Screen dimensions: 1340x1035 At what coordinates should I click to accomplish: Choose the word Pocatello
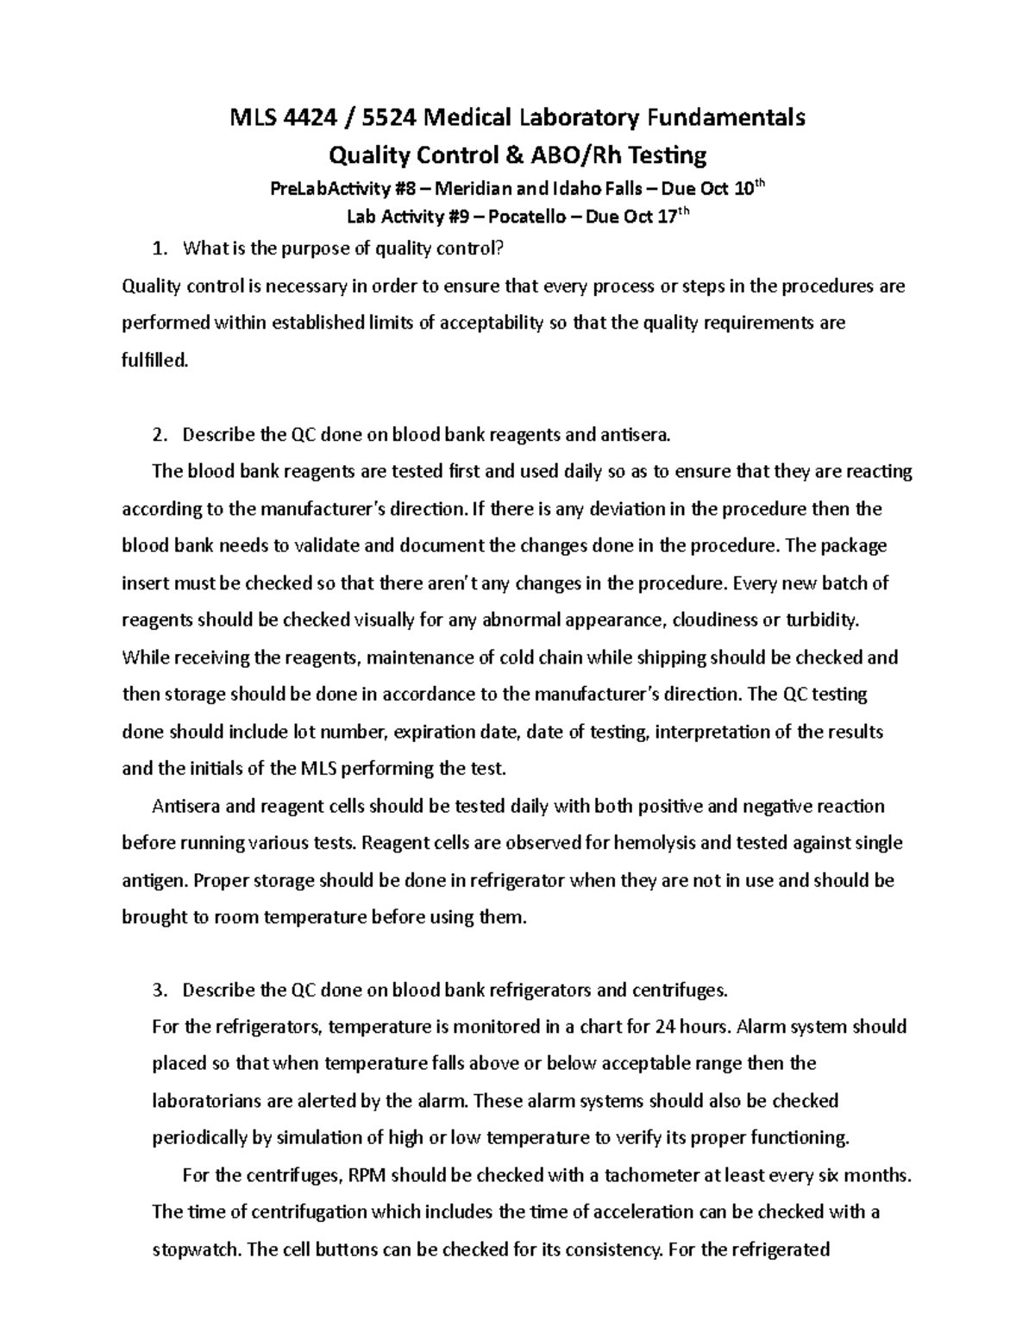tap(528, 217)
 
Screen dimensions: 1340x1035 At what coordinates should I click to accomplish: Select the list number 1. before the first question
tap(157, 249)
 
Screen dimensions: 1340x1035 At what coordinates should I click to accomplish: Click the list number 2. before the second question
tap(157, 435)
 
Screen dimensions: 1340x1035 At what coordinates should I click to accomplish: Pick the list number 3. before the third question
tap(157, 990)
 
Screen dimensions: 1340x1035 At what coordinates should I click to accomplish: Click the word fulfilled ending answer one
tap(154, 361)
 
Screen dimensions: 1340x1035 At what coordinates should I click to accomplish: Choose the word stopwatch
tap(197, 1249)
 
